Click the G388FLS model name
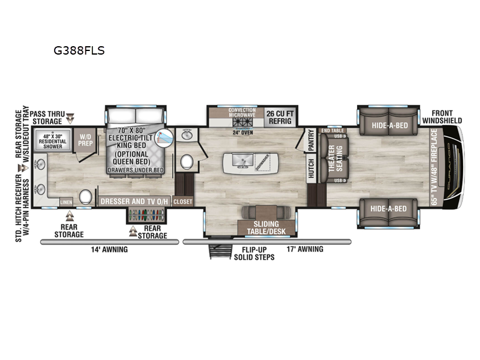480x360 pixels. [80, 51]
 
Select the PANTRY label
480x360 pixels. [311, 140]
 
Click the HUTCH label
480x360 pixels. [311, 170]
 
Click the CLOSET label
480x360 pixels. [183, 202]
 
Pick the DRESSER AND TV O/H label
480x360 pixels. [134, 202]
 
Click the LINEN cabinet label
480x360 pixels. [67, 202]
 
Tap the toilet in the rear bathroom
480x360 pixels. [85, 196]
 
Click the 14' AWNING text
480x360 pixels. [109, 249]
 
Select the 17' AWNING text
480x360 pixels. [305, 249]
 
